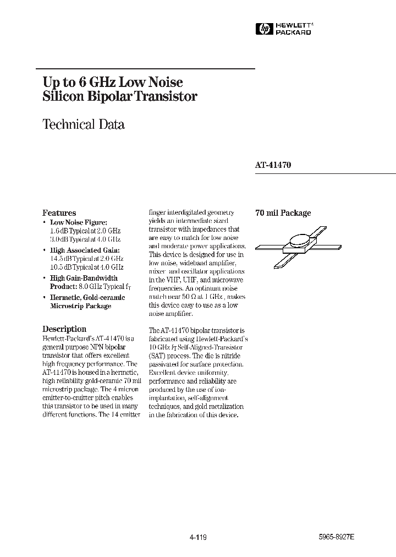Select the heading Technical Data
point(84,124)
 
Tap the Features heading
point(59,213)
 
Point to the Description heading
point(64,329)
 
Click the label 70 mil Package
point(283,213)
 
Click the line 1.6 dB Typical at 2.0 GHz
point(85,231)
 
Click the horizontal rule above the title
point(145,68)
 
